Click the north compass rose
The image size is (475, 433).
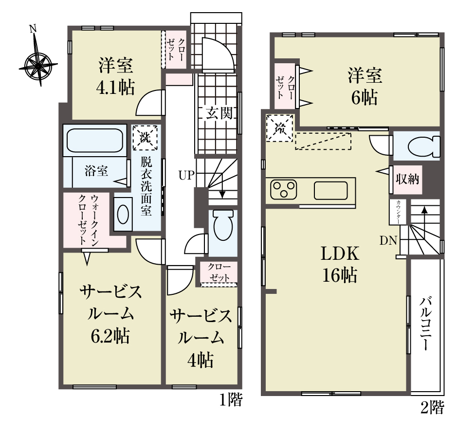coord(37,65)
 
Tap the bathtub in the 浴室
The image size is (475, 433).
coord(94,141)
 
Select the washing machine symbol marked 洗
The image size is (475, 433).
coord(145,138)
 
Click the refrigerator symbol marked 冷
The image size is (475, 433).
coord(280,128)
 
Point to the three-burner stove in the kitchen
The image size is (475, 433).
coord(284,190)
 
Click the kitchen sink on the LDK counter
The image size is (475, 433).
coord(331,190)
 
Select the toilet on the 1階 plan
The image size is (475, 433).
coord(223,225)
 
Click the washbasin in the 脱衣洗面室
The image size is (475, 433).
coord(123,214)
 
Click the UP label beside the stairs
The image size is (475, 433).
coord(186,175)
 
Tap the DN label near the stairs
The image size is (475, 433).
coord(388,240)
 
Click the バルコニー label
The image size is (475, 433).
coord(425,324)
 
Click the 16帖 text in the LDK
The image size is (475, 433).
coord(340,275)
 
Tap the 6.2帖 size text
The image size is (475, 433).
coord(110,336)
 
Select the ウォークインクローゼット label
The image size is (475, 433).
coord(88,220)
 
